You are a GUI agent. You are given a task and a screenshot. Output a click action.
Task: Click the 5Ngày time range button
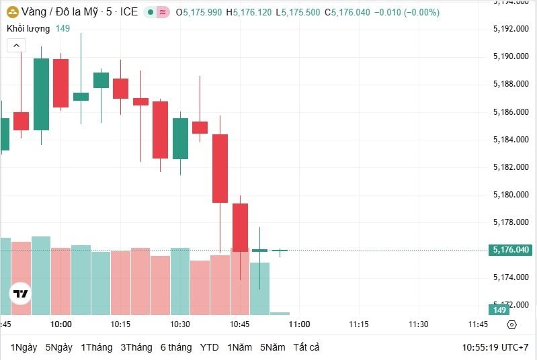[x=58, y=347]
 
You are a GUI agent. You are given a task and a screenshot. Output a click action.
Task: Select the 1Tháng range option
[x=96, y=347]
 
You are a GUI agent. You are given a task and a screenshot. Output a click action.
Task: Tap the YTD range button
[x=210, y=347]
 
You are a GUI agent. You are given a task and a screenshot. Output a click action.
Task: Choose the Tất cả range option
[x=306, y=347]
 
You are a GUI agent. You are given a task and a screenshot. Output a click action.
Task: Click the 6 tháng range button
[x=176, y=347]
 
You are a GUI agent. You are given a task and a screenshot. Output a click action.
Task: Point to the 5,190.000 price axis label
[x=511, y=56]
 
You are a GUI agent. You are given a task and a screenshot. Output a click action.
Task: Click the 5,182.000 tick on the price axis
[x=511, y=167]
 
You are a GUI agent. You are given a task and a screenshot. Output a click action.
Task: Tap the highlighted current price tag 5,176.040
[x=511, y=250]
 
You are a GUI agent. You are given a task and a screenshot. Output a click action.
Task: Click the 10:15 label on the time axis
[x=120, y=324]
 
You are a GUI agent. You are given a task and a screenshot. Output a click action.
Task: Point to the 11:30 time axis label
[x=418, y=324]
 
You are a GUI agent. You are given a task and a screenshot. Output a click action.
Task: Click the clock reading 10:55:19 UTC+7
[x=496, y=347]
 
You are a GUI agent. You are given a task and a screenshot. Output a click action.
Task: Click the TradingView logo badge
[x=21, y=294]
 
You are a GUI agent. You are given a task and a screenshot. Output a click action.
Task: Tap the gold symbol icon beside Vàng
[x=12, y=12]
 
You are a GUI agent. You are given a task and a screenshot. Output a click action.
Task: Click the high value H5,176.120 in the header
[x=250, y=12]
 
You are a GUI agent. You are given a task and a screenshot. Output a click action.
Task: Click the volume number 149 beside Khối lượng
[x=63, y=28]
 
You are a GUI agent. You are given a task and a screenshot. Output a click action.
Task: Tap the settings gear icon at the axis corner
[x=511, y=324]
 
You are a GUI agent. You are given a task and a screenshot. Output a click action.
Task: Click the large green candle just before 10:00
[x=41, y=94]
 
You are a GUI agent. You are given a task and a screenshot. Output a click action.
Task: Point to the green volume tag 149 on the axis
[x=500, y=310]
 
